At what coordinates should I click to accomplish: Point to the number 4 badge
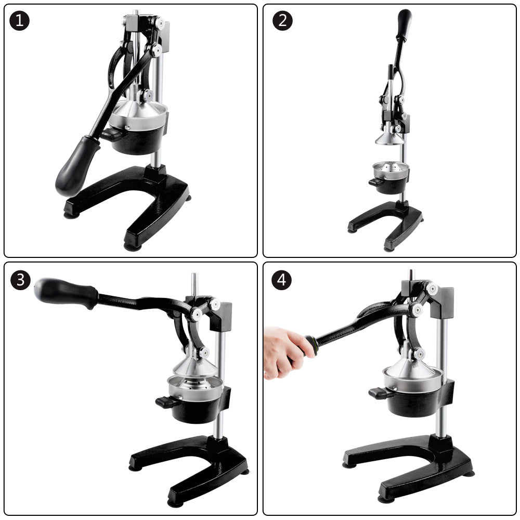click(x=281, y=280)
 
